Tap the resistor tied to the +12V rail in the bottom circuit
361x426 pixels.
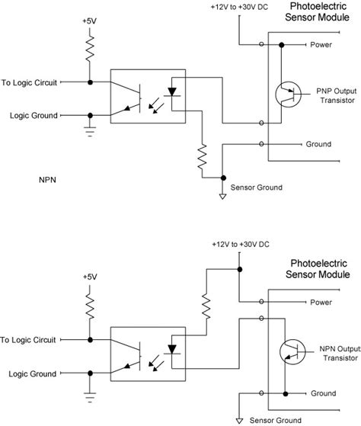[x=204, y=306]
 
